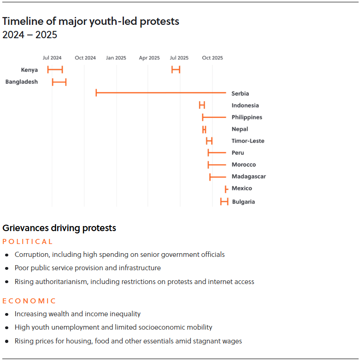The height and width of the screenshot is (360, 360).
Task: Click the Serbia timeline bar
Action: (x=161, y=93)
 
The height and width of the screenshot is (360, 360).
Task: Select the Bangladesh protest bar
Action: (x=59, y=82)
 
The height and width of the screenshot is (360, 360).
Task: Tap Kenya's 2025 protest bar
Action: (x=176, y=70)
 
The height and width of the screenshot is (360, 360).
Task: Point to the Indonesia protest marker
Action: (x=202, y=105)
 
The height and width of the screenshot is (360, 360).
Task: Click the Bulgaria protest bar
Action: (x=224, y=201)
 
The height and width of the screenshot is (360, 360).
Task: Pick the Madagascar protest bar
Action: (x=218, y=177)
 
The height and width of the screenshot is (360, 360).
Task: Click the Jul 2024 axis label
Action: (x=52, y=58)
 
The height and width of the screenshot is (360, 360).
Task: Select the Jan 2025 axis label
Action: (x=116, y=58)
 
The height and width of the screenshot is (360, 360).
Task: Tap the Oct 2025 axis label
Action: (x=212, y=58)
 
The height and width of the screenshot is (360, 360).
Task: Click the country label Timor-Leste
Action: (x=248, y=141)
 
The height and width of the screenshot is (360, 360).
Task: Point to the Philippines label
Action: (x=247, y=117)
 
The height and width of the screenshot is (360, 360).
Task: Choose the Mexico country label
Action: (x=242, y=188)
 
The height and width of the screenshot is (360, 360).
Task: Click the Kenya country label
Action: (x=30, y=70)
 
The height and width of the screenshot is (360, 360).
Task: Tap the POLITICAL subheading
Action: (x=28, y=242)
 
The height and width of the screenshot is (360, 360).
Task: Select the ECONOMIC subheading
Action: (x=29, y=301)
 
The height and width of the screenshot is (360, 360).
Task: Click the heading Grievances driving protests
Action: (x=59, y=228)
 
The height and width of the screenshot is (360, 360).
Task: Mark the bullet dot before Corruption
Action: (x=6, y=255)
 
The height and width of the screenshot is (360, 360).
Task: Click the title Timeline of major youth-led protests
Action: (x=91, y=21)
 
